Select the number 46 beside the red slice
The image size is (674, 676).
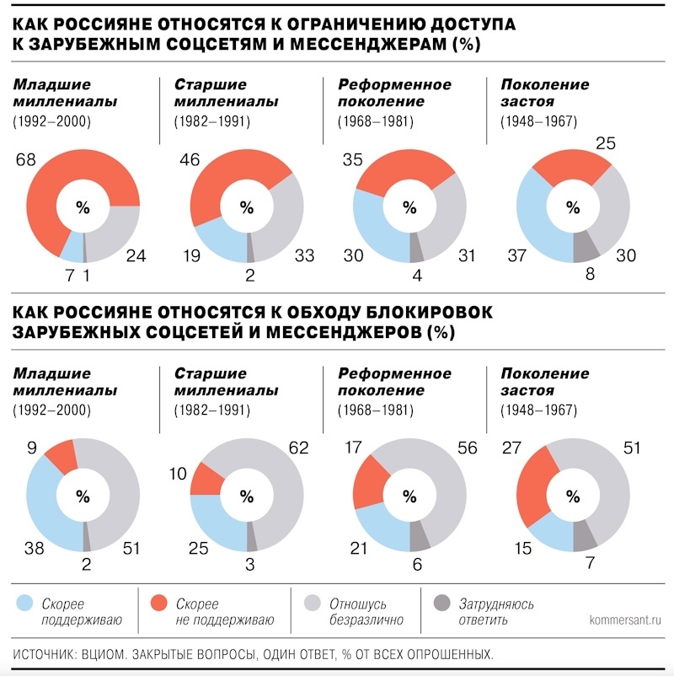coord(188,159)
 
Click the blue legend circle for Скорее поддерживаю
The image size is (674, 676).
coord(25,604)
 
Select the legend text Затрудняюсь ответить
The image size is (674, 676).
coord(496,613)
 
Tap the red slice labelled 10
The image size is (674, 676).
coord(206,480)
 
